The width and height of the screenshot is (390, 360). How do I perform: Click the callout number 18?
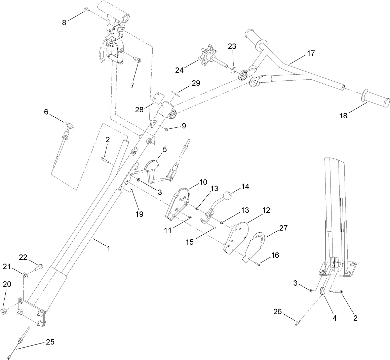tap(344, 115)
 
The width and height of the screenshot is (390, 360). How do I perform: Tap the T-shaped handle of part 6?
tap(69, 125)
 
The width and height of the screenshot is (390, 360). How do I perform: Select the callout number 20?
tap(7, 284)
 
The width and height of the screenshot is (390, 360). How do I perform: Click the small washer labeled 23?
tap(233, 71)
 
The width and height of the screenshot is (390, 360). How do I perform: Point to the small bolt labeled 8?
tap(86, 10)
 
